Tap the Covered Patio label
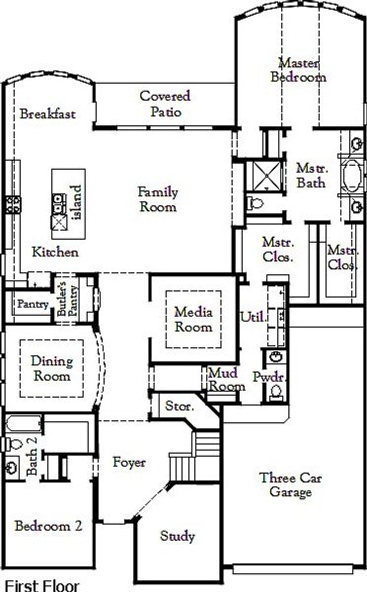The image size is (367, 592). pos(165,104)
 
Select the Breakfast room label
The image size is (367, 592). pos(48,113)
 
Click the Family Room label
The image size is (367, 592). pos(157,199)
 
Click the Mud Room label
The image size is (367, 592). pos(227,380)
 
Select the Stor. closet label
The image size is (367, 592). pos(178,406)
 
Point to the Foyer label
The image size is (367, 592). pos(129,462)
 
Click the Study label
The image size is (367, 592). pos(179,537)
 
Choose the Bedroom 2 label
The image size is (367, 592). pos(48,526)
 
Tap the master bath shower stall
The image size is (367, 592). pos(264,176)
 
